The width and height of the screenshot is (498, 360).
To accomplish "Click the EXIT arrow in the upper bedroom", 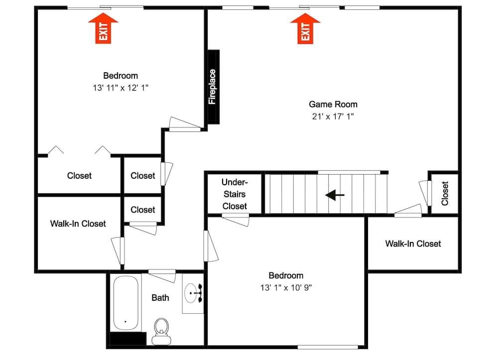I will click(103, 29).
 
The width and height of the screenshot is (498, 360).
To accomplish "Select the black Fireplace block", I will click(213, 87).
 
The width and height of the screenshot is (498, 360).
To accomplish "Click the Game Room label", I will click(333, 104).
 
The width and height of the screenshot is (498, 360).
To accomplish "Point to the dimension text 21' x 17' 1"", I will click(333, 117).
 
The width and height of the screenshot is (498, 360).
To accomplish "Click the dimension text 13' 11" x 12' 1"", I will click(121, 87).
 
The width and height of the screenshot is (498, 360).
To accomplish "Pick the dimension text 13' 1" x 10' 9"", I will click(286, 287).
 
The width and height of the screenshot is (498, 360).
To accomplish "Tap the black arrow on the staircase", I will click(334, 195).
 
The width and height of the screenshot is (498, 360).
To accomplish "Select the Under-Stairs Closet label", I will click(234, 194).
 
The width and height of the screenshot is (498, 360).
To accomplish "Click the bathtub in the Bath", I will click(125, 304).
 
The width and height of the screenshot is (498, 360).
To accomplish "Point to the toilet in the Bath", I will click(161, 331).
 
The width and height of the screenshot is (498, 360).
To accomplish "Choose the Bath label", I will click(160, 298).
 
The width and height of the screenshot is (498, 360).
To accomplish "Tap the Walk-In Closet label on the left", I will click(78, 224).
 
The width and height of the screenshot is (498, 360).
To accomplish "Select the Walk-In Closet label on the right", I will click(413, 243).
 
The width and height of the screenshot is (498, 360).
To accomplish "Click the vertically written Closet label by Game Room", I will click(445, 193).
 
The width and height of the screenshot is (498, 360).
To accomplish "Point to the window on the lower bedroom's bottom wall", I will click(328, 347).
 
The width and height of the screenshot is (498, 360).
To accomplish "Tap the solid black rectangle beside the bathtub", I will click(127, 339).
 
